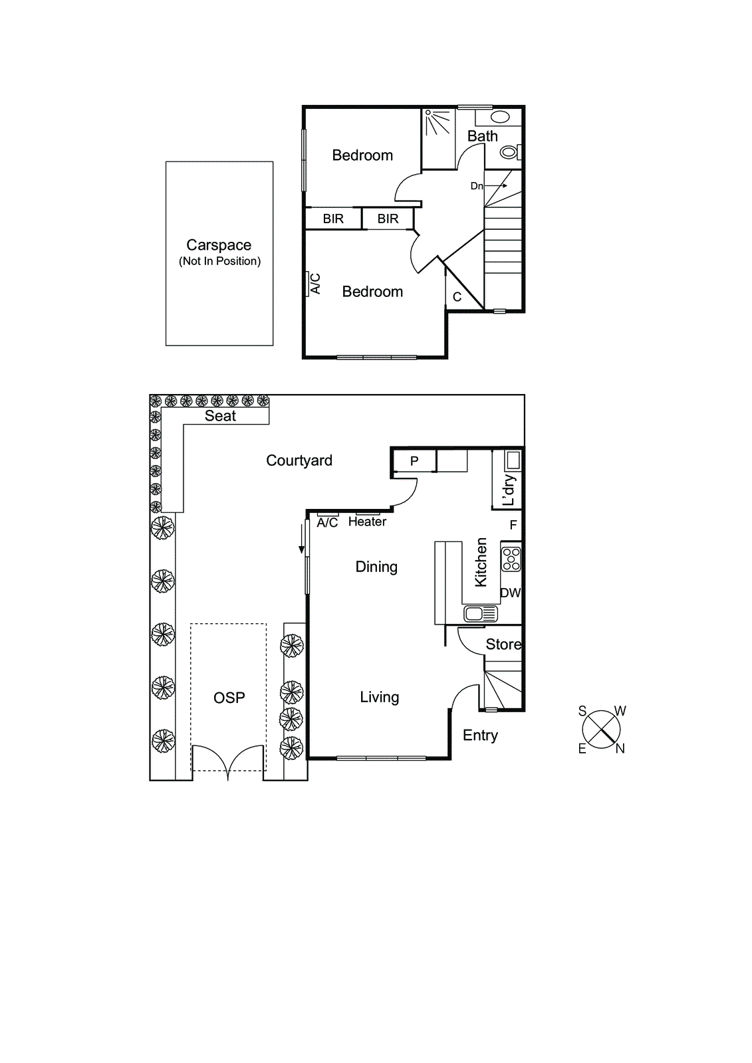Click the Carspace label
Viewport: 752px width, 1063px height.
coord(219,245)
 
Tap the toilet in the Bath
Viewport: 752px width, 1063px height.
coord(509,152)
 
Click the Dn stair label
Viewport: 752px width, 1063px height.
coord(477,186)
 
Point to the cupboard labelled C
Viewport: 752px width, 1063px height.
coord(457,297)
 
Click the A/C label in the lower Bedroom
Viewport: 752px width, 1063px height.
coord(315,284)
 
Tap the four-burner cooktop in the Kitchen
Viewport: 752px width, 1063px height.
coord(511,559)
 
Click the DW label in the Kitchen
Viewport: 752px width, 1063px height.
coord(510,593)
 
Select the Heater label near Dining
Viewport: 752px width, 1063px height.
coord(367,522)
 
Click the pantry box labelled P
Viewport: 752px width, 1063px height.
coord(414,461)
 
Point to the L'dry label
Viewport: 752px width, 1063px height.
coord(509,490)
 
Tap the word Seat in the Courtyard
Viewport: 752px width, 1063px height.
coord(220,416)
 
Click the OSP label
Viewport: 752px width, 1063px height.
coord(229,698)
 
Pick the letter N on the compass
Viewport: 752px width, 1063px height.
coord(620,749)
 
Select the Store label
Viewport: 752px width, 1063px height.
coord(503,644)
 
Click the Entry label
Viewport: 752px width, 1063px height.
coord(480,735)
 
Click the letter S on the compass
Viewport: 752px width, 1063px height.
coord(582,711)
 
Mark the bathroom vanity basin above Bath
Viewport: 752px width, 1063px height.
coord(500,117)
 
